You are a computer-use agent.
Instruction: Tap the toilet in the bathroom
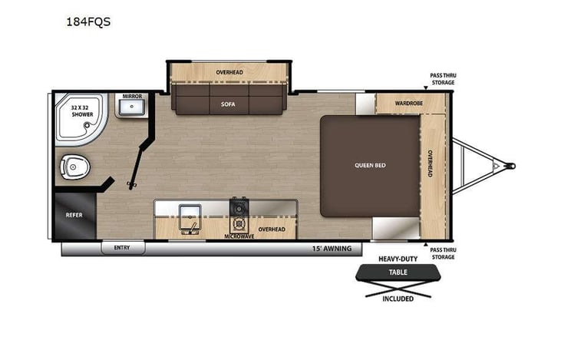[x=75, y=164]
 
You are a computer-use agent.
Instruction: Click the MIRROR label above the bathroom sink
[x=132, y=97]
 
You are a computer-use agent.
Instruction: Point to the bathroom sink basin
[x=131, y=108]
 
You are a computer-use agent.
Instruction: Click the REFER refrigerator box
[x=74, y=216]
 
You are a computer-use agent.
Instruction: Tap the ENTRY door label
[x=122, y=247]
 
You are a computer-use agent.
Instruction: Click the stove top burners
[x=239, y=211]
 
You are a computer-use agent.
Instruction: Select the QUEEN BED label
[x=369, y=165]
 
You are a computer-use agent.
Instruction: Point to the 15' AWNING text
[x=332, y=248]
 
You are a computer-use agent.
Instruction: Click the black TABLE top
[x=398, y=272]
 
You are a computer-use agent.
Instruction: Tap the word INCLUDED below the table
[x=398, y=298]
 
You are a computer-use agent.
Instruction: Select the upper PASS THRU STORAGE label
[x=441, y=79]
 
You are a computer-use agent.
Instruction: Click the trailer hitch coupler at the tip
[x=510, y=164]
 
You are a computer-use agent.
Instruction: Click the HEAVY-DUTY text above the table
[x=398, y=259]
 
